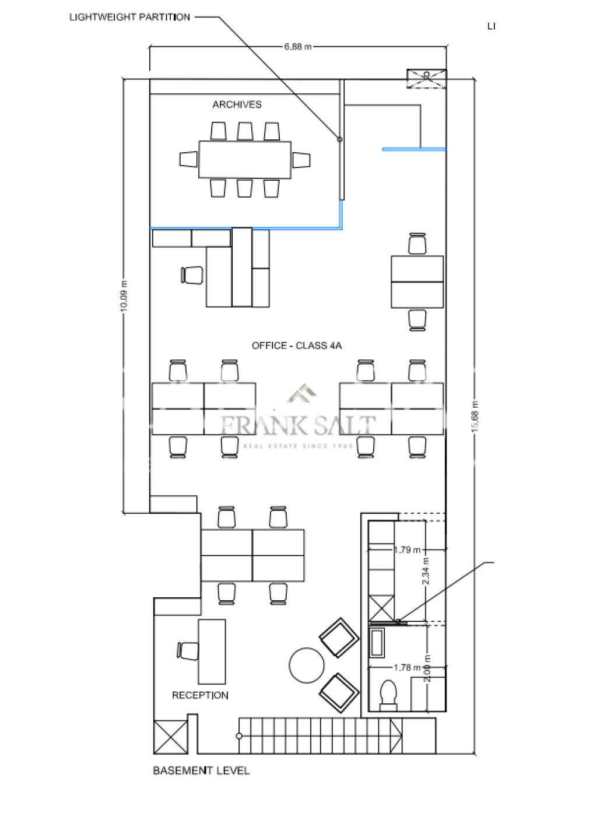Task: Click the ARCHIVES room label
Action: click(x=237, y=104)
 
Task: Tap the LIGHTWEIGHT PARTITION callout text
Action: click(x=129, y=17)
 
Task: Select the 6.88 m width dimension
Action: click(x=298, y=47)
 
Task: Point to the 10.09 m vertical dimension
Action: click(x=124, y=296)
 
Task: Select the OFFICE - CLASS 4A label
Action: click(x=296, y=345)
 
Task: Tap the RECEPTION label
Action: click(x=200, y=695)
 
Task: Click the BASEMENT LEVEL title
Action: click(x=201, y=771)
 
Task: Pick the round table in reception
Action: click(x=307, y=665)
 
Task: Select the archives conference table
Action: click(x=245, y=159)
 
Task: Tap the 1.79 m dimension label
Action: click(x=407, y=549)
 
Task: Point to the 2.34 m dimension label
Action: click(x=426, y=570)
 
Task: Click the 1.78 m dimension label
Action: click(x=407, y=667)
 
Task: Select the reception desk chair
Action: click(x=188, y=651)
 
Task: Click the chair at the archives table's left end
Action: click(x=188, y=159)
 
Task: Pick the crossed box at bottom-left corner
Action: click(x=170, y=737)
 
